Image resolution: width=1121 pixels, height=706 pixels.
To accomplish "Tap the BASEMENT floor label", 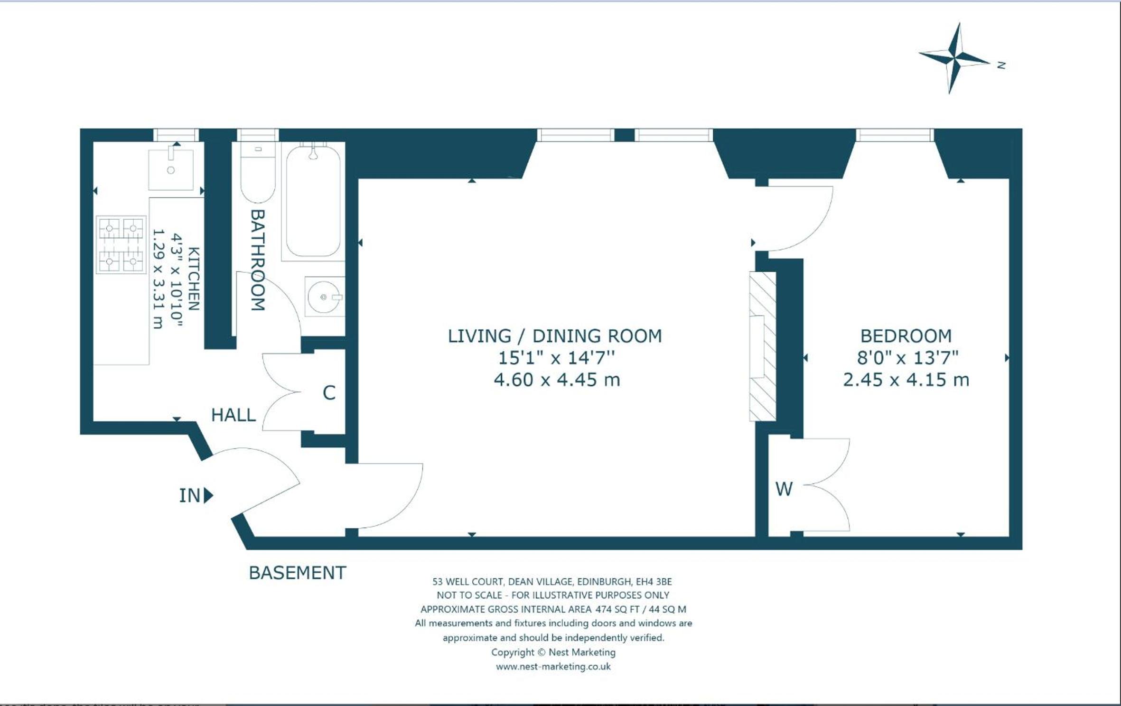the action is tap(298, 573).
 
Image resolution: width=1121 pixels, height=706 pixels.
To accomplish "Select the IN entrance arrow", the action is tap(208, 495).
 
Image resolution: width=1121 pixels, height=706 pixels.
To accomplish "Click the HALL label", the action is tap(234, 415).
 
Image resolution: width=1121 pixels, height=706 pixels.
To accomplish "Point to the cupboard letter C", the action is tap(329, 393).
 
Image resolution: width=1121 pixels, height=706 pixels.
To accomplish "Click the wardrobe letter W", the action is tap(784, 489).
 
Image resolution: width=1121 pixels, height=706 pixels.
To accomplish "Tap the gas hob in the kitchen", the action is tap(121, 245).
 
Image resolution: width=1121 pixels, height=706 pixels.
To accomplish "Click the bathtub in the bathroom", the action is tap(313, 201).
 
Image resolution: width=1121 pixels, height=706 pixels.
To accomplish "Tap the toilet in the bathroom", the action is tap(258, 172).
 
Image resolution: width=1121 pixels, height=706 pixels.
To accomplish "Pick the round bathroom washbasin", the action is tap(325, 297).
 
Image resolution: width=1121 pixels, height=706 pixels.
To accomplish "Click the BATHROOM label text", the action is tap(257, 260).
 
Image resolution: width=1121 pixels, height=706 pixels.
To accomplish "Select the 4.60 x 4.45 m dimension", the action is tap(557, 380).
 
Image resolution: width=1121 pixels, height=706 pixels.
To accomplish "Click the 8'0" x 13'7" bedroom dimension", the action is tap(907, 358).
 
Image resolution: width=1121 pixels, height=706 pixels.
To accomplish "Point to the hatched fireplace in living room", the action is tap(763, 346).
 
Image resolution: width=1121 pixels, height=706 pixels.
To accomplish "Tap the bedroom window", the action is tap(895, 135).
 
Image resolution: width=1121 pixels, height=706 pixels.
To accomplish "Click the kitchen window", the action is tap(176, 135).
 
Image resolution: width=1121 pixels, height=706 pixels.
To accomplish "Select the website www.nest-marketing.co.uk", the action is tap(553, 667).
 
